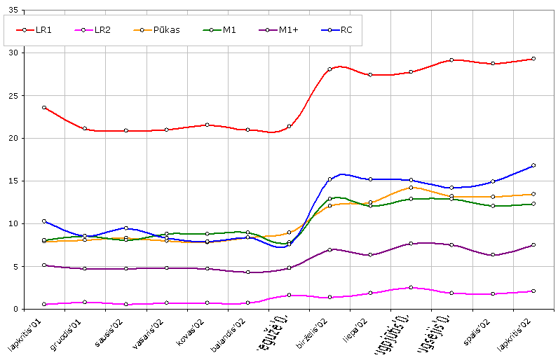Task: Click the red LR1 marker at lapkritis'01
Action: coord(44,108)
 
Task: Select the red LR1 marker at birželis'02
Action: coord(329,69)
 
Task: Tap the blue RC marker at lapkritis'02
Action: coord(533,165)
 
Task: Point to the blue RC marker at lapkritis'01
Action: coord(44,221)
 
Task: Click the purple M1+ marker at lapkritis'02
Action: coord(533,245)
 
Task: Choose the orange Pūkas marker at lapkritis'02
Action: coord(533,195)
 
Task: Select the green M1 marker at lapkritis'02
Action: coord(533,204)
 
